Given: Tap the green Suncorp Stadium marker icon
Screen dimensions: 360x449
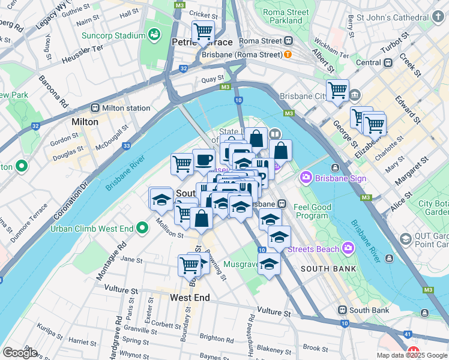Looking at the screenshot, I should pos(155,35).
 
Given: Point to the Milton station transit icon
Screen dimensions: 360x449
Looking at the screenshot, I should pos(95,108).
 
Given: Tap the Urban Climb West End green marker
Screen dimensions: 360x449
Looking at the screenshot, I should pos(142,228).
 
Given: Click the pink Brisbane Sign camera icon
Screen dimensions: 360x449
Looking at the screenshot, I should pos(306,177).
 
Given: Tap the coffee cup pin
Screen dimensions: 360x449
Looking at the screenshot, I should pos(203,160).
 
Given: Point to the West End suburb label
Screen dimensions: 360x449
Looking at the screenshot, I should pos(190,298).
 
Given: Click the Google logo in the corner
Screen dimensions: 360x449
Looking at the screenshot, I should pos(20,353).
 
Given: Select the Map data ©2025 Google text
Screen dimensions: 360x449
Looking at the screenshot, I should pos(411,355).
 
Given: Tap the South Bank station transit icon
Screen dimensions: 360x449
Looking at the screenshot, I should pos(342,310).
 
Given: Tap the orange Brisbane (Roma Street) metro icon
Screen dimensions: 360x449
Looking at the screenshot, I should pos(288,55).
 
